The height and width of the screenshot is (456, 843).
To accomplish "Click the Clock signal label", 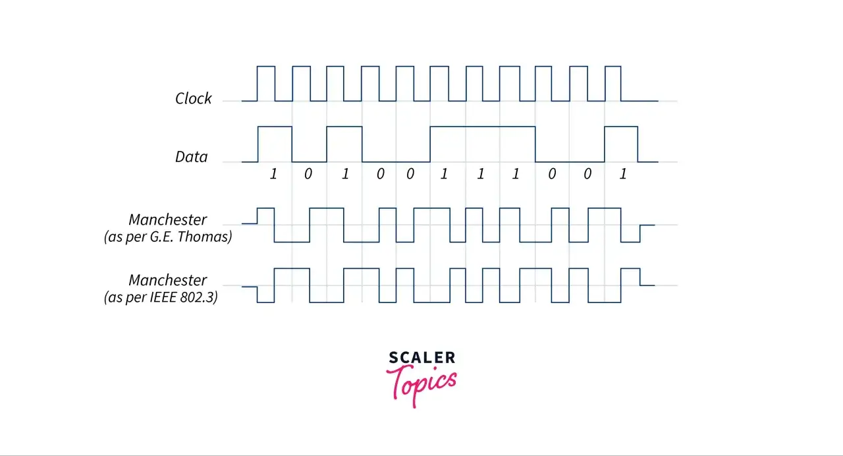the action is coord(193,98).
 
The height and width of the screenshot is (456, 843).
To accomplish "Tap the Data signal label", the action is coord(191,157).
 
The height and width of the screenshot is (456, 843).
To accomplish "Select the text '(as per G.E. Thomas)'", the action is coord(168,237).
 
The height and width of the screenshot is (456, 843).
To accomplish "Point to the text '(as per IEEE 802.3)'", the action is coord(161,297).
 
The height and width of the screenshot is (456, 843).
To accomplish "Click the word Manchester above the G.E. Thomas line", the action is coord(167,219).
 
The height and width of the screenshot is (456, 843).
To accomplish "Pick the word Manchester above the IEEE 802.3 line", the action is coord(167,280).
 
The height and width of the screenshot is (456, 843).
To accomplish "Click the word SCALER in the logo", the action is coord(422,357).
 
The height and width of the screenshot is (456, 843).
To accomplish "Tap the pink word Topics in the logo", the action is coord(421,385).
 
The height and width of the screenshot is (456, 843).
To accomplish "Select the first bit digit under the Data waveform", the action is coord(273,173).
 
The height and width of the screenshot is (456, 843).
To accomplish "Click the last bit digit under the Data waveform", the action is coord(623,173).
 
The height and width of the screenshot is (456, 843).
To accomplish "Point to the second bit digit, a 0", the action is coord(308,173).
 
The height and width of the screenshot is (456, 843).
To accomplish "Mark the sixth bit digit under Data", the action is coord(444,173).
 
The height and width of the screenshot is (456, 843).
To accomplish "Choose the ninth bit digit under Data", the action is coord(552,173).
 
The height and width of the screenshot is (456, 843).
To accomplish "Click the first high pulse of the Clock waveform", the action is coord(266,67).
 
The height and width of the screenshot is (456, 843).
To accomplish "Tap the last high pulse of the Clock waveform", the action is coord(613,67).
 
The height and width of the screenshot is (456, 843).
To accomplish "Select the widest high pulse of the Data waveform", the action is coord(483,127).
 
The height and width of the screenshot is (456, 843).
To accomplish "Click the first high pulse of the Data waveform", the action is coord(275,127).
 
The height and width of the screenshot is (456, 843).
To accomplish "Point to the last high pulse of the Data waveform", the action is coord(621,127).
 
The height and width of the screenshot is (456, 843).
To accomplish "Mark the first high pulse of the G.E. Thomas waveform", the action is coord(265,208).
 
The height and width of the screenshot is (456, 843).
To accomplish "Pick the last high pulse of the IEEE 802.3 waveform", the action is coord(630,269).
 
